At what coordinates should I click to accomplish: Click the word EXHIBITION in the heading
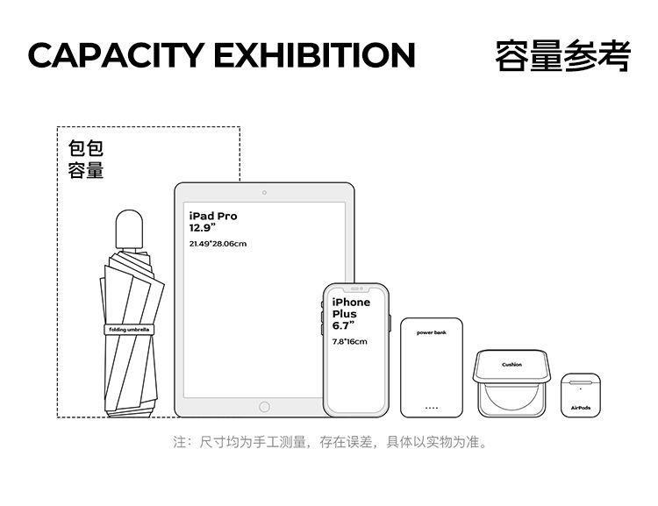coord(314,54)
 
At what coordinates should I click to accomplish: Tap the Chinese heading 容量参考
coord(562,54)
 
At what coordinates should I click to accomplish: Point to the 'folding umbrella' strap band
coord(129,330)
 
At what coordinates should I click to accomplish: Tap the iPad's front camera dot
coord(264,191)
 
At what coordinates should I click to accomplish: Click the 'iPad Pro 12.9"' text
coord(213,221)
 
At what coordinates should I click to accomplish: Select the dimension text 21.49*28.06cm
coord(218,243)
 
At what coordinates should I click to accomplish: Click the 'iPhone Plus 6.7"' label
coord(351,313)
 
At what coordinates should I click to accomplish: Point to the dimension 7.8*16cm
coord(349,341)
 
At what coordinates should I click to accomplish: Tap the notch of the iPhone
coord(354,288)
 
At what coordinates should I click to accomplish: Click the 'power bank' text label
coord(432,333)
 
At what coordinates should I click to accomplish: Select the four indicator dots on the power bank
coord(432,408)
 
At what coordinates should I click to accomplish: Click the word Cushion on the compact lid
coord(511,364)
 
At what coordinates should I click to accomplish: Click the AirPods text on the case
coord(581,408)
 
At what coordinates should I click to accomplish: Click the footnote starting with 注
coord(329,442)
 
